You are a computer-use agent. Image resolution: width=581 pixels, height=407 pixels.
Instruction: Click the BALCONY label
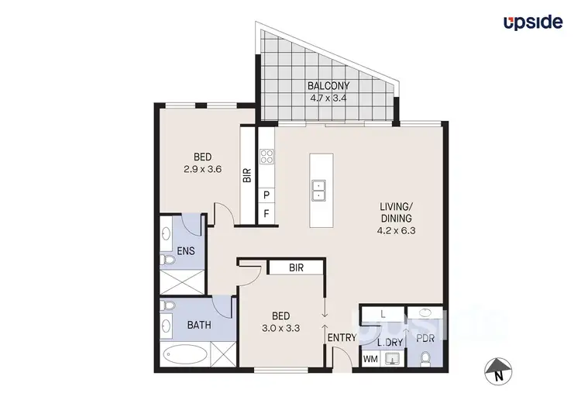[329, 86]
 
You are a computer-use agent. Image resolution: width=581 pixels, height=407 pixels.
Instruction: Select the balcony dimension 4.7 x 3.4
[329, 98]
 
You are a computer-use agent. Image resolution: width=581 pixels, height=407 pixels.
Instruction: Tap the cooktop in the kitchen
[266, 157]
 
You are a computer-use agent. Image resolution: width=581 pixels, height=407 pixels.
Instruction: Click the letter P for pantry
[266, 194]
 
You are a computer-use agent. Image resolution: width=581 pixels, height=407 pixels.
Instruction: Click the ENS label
[186, 250]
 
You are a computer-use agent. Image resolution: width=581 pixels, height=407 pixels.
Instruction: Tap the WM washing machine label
[370, 358]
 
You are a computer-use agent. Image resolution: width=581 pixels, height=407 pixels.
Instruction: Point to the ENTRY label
[342, 338]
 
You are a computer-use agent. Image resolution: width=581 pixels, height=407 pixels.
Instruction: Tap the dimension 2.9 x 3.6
[203, 169]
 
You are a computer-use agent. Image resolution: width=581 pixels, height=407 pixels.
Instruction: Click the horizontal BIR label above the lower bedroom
[294, 267]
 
